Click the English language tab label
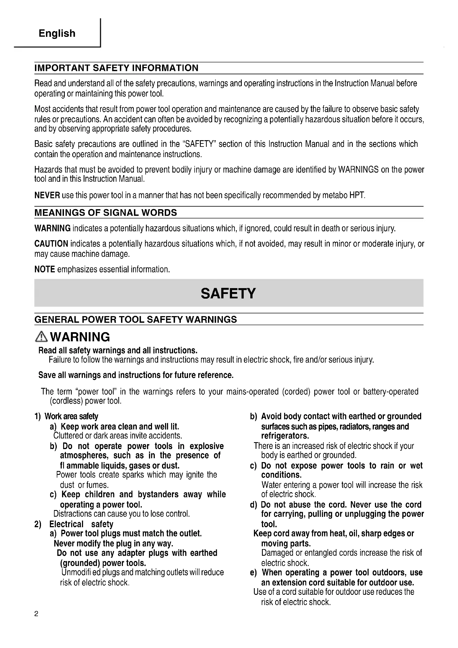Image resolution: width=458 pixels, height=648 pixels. (57, 33)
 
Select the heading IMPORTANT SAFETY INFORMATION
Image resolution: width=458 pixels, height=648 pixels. (116, 68)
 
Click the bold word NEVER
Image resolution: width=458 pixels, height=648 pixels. (47, 195)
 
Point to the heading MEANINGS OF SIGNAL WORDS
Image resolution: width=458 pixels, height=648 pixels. (106, 212)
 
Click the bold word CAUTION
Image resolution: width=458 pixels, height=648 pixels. (51, 244)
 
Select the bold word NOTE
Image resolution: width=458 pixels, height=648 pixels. (45, 269)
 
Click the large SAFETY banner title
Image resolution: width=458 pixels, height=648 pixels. (228, 293)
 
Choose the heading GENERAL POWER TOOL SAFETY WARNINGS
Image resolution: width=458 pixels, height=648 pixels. (135, 319)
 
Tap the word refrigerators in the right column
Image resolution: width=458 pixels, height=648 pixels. (285, 436)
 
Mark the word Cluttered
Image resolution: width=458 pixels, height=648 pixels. (68, 436)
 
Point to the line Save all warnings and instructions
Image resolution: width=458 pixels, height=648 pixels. (136, 375)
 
